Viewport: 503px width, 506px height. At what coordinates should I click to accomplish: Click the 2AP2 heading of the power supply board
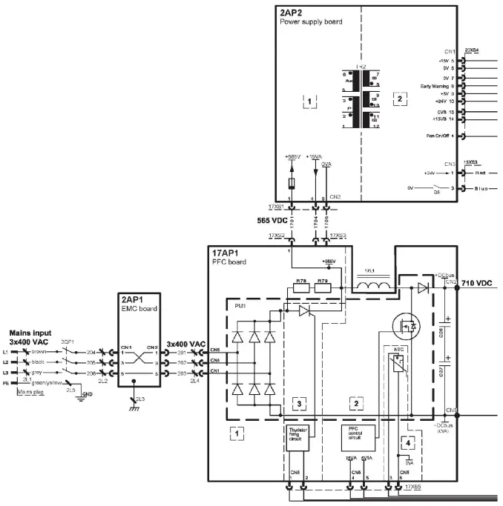click(x=291, y=13)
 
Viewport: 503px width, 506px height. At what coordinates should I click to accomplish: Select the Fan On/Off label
click(x=441, y=136)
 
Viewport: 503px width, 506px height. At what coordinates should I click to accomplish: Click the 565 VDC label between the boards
click(x=236, y=221)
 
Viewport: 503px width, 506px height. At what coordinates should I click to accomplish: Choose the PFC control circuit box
click(x=354, y=434)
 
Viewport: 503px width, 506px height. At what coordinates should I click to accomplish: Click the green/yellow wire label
click(x=47, y=382)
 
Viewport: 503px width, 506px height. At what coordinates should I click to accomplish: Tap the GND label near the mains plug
click(x=88, y=394)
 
